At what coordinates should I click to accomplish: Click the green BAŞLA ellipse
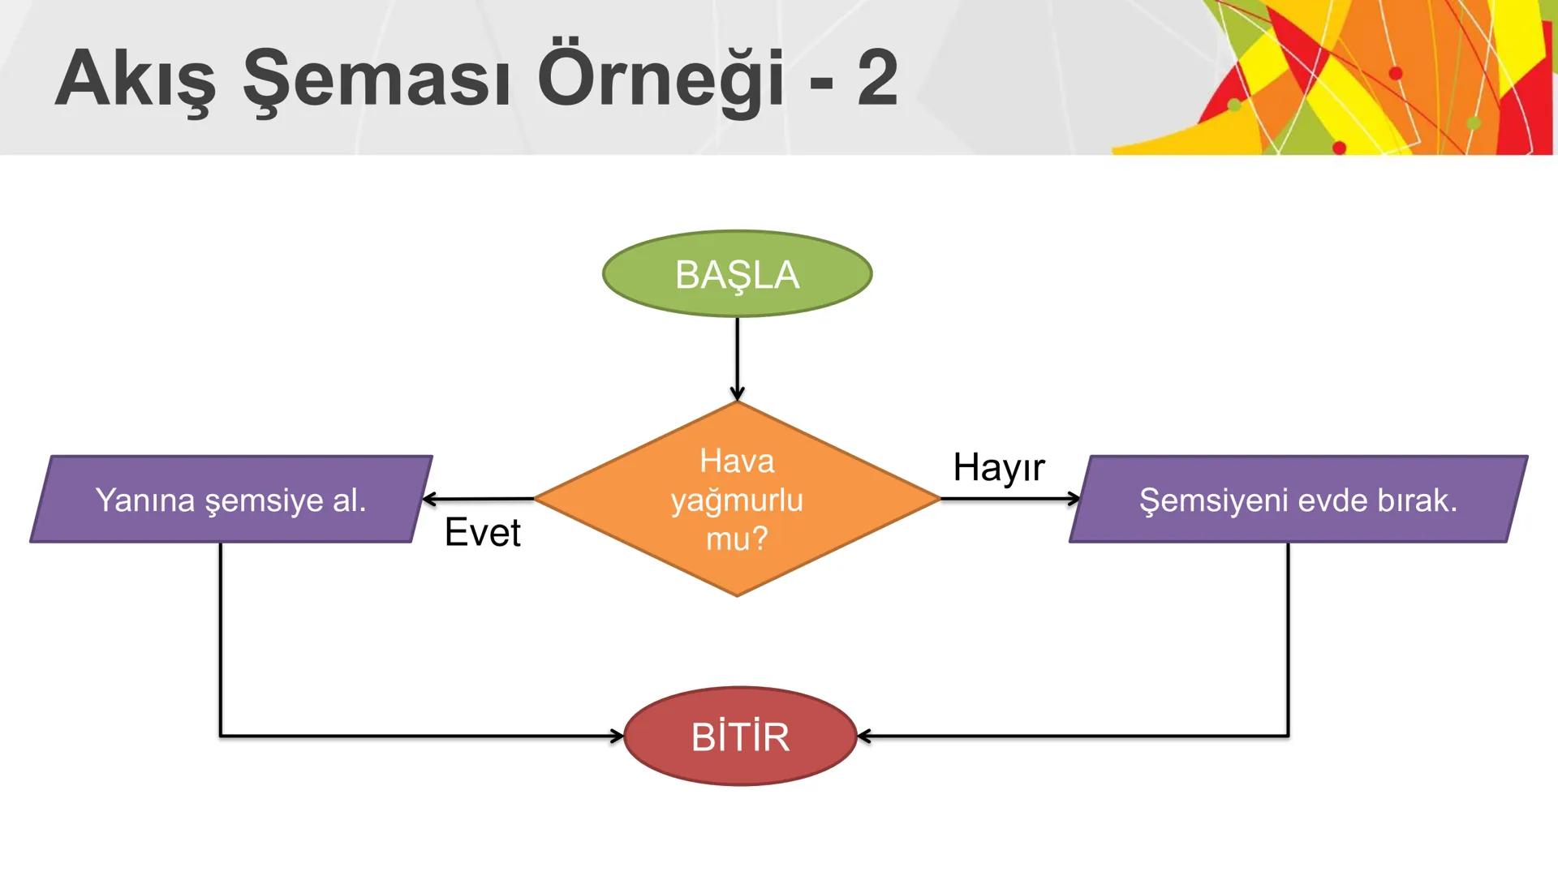click(737, 273)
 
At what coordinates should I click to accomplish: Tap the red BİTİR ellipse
click(740, 736)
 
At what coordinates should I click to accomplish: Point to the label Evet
click(483, 533)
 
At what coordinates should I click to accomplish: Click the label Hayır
click(999, 467)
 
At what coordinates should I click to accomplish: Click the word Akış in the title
click(136, 79)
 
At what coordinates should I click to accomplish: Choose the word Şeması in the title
click(377, 79)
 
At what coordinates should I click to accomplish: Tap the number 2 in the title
click(877, 78)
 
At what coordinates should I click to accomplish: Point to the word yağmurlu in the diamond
click(737, 500)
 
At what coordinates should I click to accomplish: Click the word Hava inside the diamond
click(737, 461)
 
